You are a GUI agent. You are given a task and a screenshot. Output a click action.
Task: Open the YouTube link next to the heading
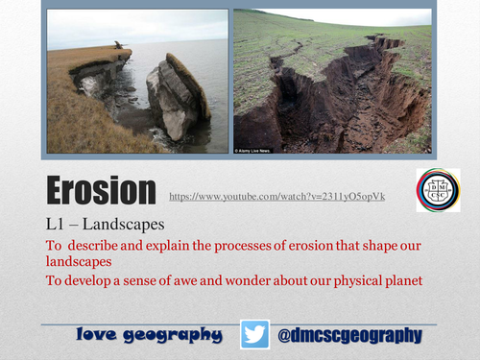(276, 196)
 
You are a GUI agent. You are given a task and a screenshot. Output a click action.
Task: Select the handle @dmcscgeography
(349, 334)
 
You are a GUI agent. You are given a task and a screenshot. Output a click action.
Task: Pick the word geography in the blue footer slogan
(177, 335)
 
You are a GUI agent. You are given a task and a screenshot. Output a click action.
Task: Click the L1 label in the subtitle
(56, 224)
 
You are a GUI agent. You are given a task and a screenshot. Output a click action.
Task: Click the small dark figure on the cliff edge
(118, 44)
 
